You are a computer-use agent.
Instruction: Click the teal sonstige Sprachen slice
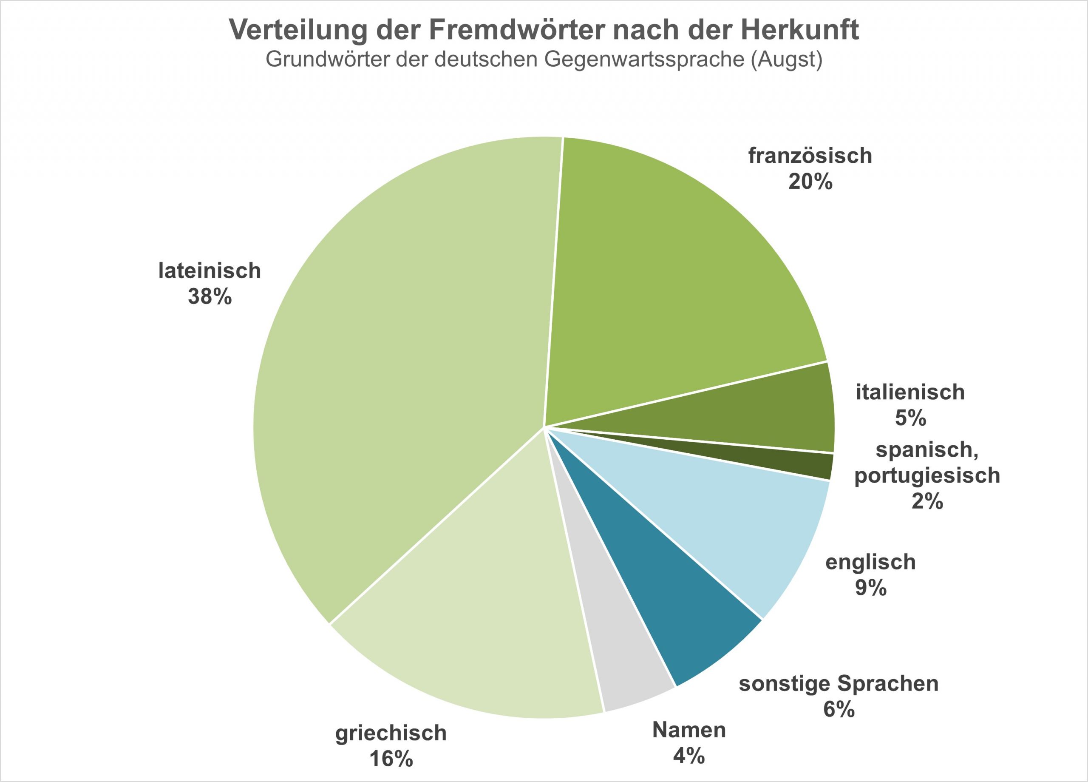[671, 600]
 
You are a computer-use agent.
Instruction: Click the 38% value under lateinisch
[210, 297]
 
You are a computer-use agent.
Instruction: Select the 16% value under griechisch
[391, 759]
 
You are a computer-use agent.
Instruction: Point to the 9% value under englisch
[871, 588]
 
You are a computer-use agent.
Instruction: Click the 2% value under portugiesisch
[927, 501]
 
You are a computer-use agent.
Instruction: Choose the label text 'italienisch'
[910, 392]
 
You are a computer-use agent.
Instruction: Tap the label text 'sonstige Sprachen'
[839, 684]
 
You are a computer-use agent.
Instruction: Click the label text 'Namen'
[689, 730]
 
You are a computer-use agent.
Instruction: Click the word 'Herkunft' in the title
[799, 30]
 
